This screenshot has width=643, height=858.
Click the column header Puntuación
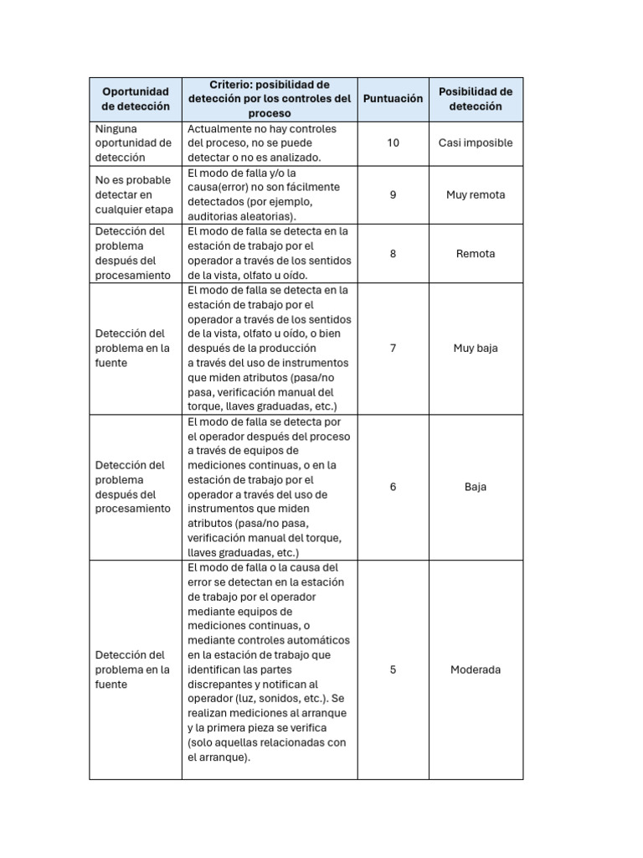(393, 99)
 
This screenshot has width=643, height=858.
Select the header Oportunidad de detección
(135, 99)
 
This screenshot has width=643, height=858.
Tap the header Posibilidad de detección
(475, 99)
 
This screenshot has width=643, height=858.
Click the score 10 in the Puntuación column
(393, 142)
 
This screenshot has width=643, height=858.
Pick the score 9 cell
(393, 194)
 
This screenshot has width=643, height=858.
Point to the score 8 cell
(393, 253)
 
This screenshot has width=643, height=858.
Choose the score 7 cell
(393, 348)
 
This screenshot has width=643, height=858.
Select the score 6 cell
(393, 486)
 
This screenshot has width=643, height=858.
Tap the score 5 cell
(393, 669)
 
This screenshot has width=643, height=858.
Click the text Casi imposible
(475, 142)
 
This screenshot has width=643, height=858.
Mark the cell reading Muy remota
(475, 194)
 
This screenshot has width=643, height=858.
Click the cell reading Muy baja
(475, 348)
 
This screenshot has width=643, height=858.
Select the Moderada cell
(475, 669)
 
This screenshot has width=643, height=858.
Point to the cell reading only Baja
(475, 486)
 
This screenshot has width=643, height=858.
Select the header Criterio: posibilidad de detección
(269, 99)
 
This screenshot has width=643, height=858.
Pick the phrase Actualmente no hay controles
(261, 129)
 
